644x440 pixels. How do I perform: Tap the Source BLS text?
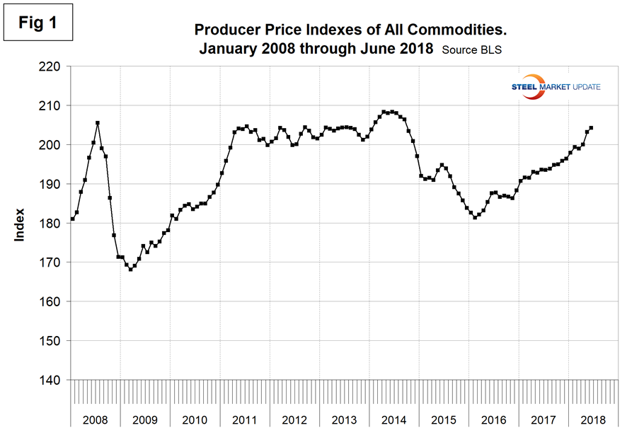click(470, 50)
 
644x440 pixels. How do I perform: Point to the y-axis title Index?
click(20, 224)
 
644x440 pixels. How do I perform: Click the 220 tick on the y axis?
click(52, 66)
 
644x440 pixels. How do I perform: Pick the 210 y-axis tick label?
click(52, 105)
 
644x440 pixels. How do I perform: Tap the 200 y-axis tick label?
click(52, 145)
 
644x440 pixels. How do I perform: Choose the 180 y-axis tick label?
click(52, 224)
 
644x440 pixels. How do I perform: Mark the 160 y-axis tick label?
click(52, 302)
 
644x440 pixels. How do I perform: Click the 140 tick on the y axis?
click(52, 381)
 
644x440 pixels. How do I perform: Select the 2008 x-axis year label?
click(96, 419)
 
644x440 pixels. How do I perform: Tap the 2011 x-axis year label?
click(244, 419)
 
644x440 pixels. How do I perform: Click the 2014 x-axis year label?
click(393, 419)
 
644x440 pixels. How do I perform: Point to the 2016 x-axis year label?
click(493, 419)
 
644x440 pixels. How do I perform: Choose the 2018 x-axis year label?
click(593, 419)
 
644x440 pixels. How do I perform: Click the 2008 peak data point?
click(98, 123)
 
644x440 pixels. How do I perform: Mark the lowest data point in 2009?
click(131, 270)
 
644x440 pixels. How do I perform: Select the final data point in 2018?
click(591, 128)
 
